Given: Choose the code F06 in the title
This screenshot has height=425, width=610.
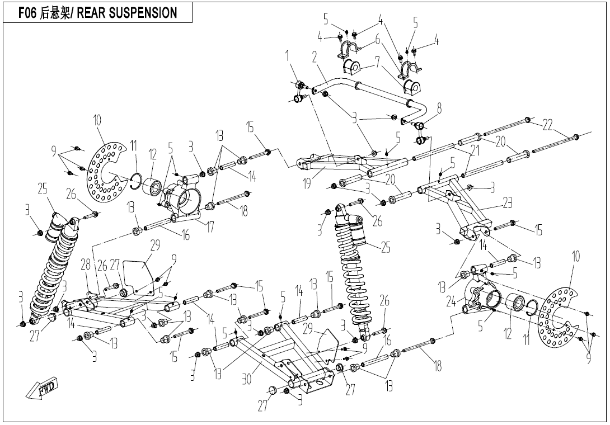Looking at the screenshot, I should (27, 13).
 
